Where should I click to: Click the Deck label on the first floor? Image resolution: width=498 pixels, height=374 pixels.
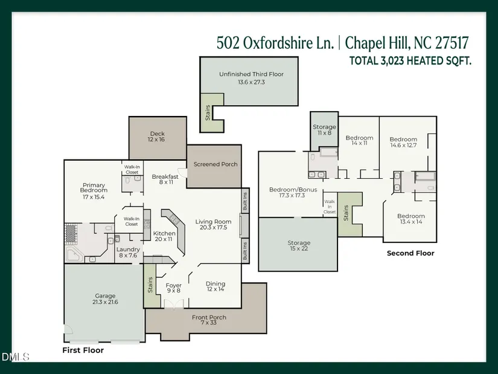coord(157,134)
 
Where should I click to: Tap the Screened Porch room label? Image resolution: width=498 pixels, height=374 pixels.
coord(215,164)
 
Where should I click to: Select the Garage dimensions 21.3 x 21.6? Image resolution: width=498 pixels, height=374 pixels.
coord(105,302)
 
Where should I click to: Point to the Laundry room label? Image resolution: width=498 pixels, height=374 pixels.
coord(128,250)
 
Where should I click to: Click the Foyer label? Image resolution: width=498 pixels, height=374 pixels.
coord(173,285)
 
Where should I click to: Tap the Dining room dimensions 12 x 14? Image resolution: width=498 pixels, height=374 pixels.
coord(215,289)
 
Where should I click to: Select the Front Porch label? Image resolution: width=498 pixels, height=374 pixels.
coord(209,317)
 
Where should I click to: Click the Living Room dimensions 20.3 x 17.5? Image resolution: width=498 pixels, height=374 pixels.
coord(214,227)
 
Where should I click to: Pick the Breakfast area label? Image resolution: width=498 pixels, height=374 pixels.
coord(165,177)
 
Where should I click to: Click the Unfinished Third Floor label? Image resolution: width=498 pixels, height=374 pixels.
coord(251,74)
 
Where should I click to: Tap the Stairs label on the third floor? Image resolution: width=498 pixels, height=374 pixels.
coord(208,112)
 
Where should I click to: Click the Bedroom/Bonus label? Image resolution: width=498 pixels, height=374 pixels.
coord(293,190)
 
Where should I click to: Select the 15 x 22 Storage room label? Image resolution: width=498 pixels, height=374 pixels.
coord(299,243)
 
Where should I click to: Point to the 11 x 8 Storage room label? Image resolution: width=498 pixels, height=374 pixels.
coord(324,127)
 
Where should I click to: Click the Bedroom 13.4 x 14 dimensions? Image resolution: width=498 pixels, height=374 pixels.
coord(411,222)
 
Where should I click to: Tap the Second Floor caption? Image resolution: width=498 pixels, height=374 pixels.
coord(410,253)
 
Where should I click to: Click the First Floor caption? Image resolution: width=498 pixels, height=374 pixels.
coord(83,350)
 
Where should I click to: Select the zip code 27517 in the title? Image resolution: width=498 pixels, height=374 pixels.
coord(452,43)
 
